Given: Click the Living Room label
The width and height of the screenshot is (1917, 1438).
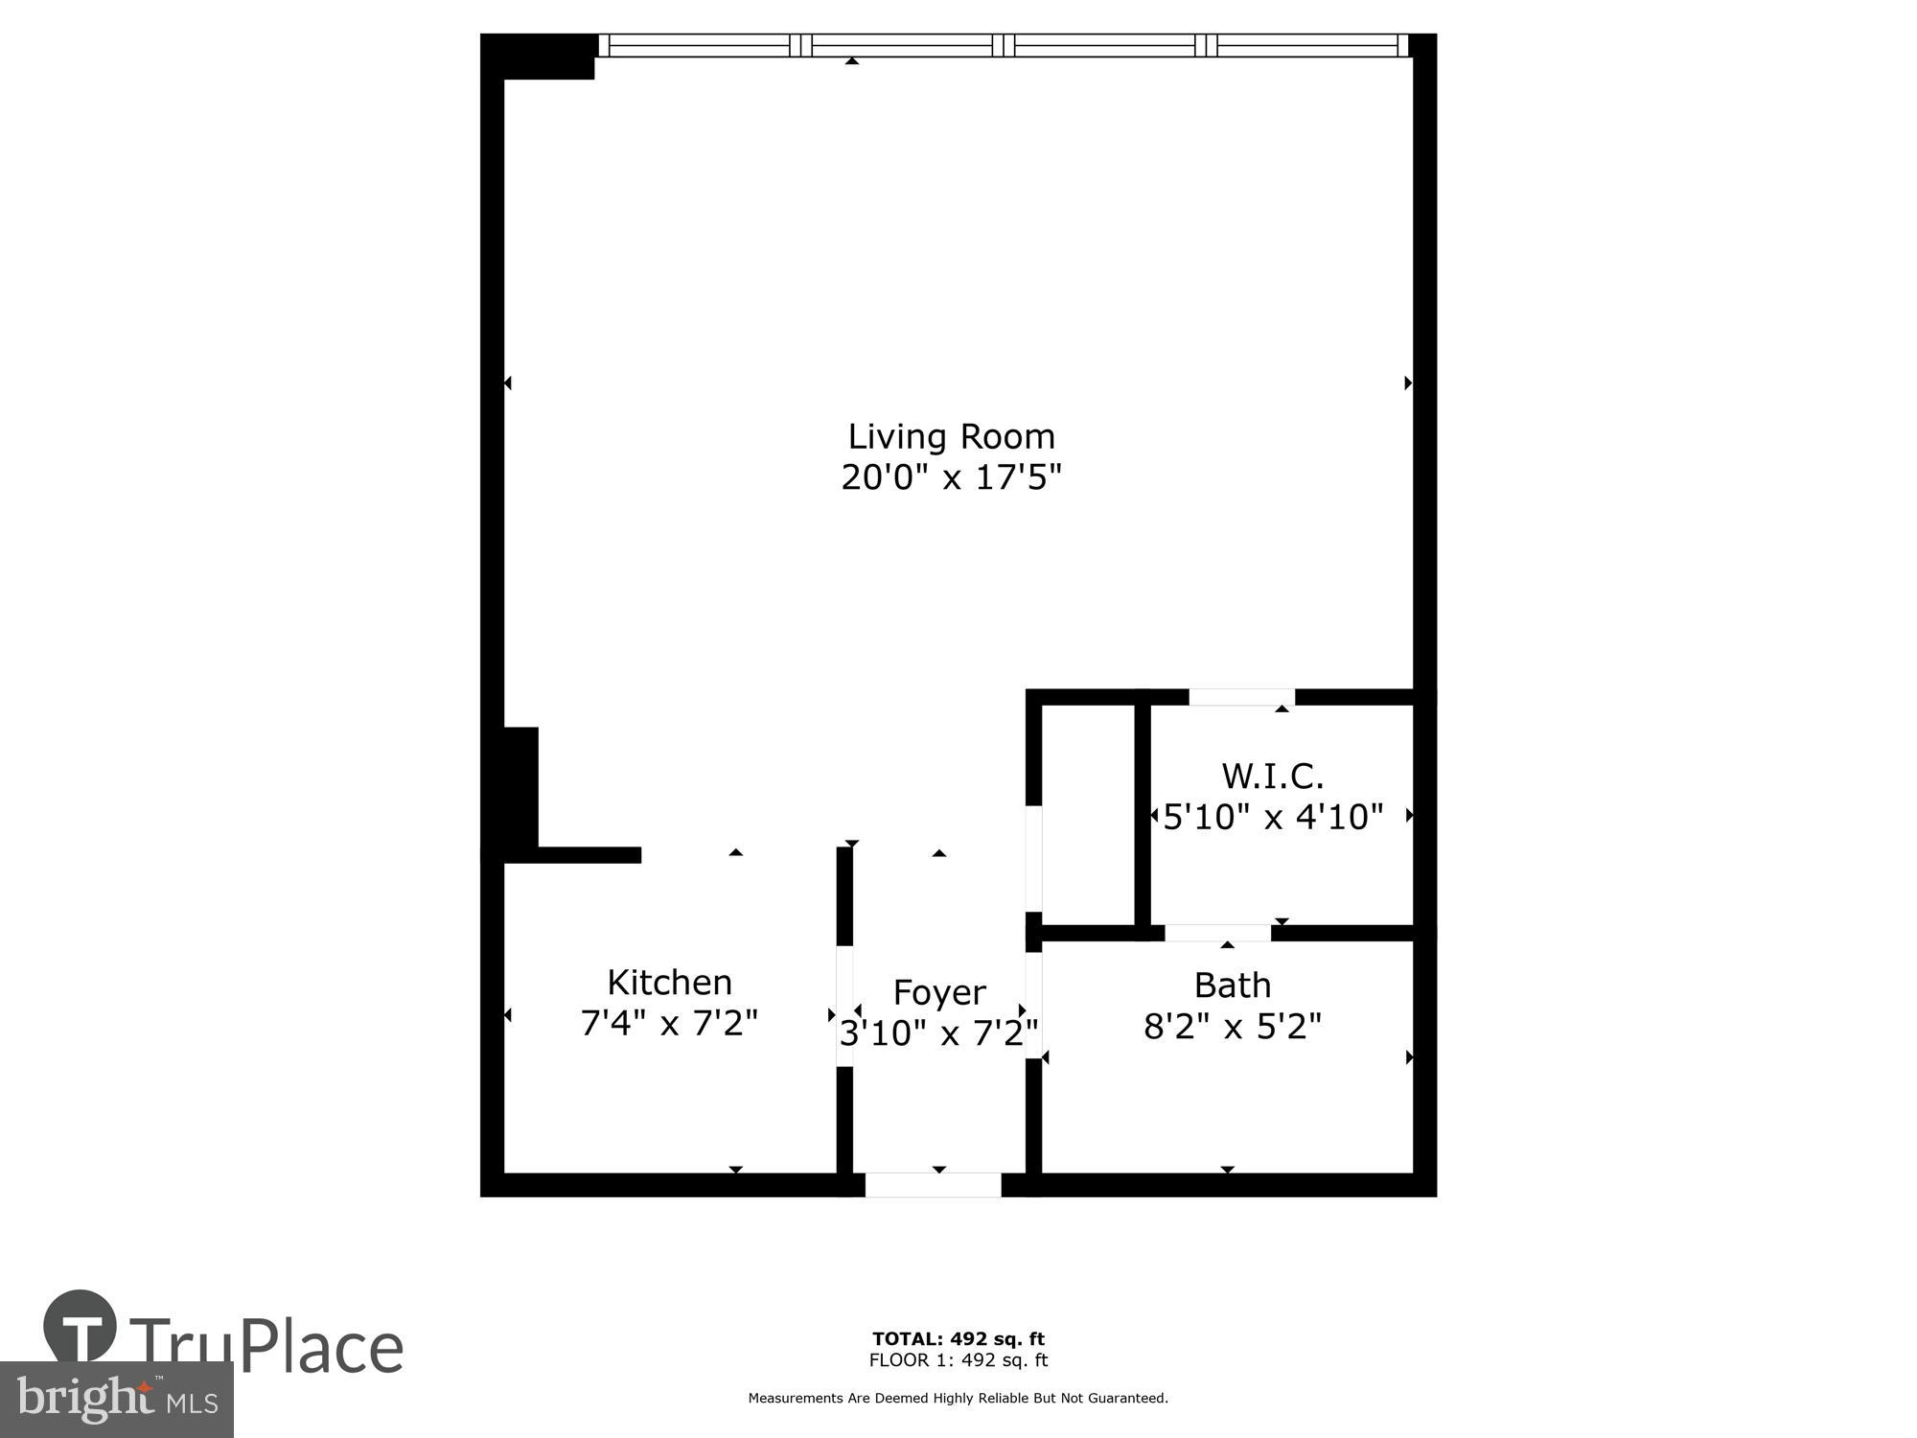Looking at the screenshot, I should [951, 437].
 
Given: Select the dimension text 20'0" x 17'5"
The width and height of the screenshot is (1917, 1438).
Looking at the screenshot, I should [951, 477].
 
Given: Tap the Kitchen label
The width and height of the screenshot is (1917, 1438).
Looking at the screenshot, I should [669, 983].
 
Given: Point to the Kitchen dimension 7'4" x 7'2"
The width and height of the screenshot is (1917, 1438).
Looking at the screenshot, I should [669, 1024].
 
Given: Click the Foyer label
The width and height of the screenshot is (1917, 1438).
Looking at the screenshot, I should [938, 992].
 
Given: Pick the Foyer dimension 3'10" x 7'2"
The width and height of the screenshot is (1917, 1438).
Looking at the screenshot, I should [938, 1033].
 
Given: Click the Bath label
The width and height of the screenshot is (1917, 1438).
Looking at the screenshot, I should [1232, 986].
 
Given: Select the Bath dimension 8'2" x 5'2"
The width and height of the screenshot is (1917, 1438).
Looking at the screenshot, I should [1232, 1028].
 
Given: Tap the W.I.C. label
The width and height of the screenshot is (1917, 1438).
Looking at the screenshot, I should [1272, 776].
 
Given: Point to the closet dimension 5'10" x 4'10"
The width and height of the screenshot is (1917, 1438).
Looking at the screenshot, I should [1273, 817].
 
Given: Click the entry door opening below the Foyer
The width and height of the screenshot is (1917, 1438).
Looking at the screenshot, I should [933, 1185].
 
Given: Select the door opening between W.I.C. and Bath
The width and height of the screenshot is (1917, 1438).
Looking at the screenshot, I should [1217, 933].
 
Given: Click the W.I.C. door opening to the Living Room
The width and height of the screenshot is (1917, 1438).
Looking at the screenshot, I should [1241, 697].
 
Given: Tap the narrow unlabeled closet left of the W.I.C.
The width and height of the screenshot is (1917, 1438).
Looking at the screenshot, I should [1088, 815].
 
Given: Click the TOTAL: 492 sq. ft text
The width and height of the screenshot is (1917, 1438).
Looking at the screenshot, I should [958, 1339].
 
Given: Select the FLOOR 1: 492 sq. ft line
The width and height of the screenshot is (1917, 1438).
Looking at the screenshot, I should [958, 1360].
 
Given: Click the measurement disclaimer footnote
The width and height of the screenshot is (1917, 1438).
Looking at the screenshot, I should [958, 1399].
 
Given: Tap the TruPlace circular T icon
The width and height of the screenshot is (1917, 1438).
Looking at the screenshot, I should [81, 1328].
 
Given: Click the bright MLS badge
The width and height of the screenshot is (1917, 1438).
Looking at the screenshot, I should [116, 1400].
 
